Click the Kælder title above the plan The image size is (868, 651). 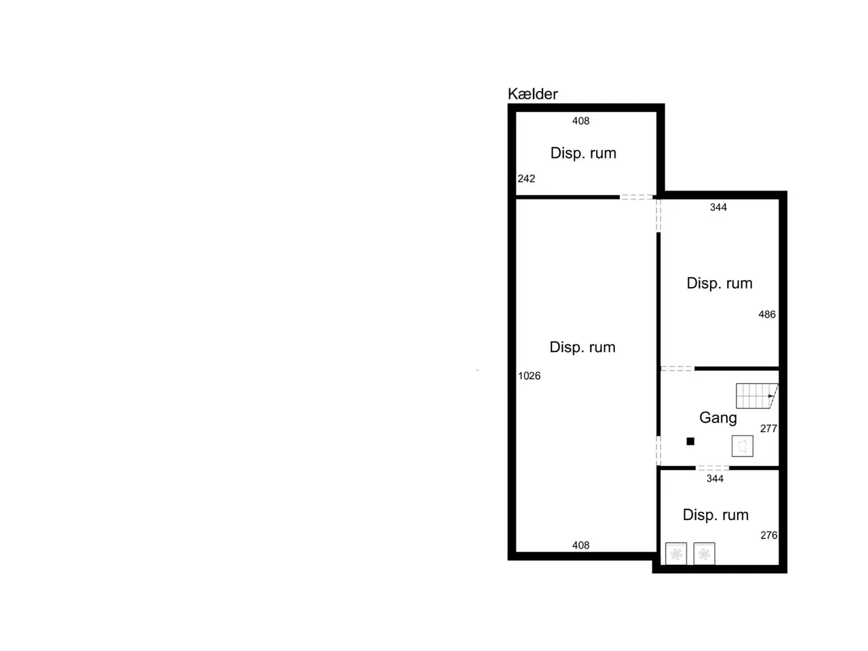[x=532, y=94]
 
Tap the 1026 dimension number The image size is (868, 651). [x=529, y=376]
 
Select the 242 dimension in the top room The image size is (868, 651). [x=526, y=178]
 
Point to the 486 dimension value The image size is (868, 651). [x=766, y=314]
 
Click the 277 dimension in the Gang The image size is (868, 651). [x=768, y=428]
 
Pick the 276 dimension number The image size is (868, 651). [x=768, y=535]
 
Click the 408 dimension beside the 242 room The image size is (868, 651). [x=580, y=121]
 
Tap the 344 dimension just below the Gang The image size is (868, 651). [x=715, y=478]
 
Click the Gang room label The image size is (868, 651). [x=717, y=418]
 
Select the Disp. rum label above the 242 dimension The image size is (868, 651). [x=583, y=153]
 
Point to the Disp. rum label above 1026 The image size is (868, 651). [x=582, y=347]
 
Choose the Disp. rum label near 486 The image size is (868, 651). [x=719, y=283]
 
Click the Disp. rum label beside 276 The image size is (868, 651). [x=715, y=515]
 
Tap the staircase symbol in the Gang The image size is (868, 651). [x=757, y=395]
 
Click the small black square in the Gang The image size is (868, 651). [x=690, y=441]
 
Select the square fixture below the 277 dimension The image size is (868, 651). [x=742, y=446]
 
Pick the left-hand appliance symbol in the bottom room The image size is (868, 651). [x=676, y=554]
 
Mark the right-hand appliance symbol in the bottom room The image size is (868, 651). [x=704, y=554]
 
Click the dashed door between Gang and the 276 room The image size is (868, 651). [x=712, y=468]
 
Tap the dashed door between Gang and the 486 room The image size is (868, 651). [x=677, y=368]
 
